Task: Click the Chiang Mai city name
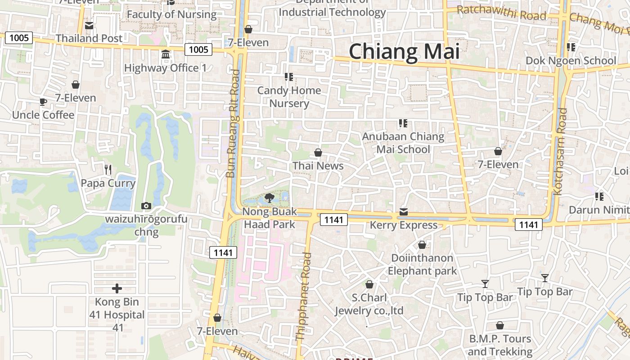tap(404, 51)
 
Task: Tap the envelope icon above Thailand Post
tap(89, 26)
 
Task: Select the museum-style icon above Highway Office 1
tap(166, 54)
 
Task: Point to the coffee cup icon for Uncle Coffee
tap(43, 102)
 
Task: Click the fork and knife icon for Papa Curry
tap(108, 170)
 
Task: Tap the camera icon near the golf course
tap(146, 206)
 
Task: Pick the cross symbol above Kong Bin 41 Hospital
tap(117, 288)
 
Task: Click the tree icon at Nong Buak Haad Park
tap(270, 198)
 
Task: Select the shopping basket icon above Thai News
tap(318, 153)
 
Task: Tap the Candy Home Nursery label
tap(289, 97)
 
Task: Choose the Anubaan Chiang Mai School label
tap(403, 143)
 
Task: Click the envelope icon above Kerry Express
tap(404, 212)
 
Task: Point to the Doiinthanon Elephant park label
tap(422, 264)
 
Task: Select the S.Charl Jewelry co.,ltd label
tap(369, 304)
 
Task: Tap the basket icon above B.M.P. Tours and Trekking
tap(499, 325)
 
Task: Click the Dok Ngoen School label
tap(571, 61)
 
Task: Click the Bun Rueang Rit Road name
tap(233, 124)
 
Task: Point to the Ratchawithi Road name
tap(501, 13)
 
